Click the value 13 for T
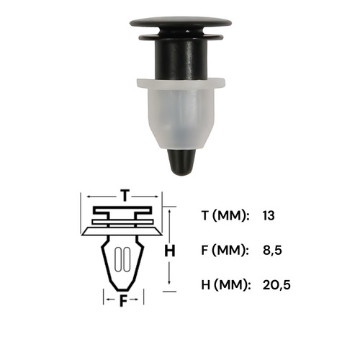pos(269,215)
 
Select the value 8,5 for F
pos(272,250)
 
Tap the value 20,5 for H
pos(276,285)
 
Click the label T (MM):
pos(224,215)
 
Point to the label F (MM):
pos(224,250)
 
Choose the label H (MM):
pos(225,285)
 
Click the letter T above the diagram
pos(125,195)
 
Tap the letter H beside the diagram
pos(170,251)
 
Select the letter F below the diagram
pos(123,301)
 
